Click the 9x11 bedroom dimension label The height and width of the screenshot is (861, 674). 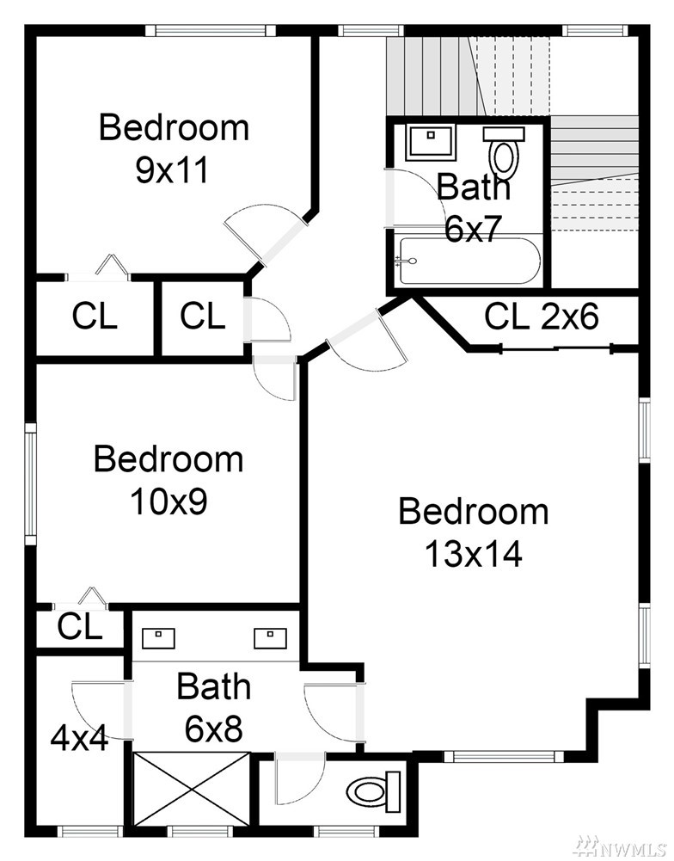click(172, 170)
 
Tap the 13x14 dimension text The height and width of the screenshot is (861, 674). click(473, 554)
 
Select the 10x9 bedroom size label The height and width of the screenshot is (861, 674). click(168, 501)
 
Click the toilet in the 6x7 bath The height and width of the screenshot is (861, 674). click(504, 151)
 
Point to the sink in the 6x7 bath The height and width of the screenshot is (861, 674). click(431, 142)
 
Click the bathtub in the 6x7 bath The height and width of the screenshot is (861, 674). click(470, 261)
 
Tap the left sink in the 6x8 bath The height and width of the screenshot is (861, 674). click(158, 638)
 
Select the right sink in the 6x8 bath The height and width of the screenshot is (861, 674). click(270, 638)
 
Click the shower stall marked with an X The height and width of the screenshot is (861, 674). click(192, 788)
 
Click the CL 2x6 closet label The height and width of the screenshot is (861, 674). click(541, 317)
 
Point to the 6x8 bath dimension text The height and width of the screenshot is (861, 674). click(213, 729)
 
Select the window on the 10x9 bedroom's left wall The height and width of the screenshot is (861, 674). click(31, 483)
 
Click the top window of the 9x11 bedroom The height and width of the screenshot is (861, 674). click(211, 29)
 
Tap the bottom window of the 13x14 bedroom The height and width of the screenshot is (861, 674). click(504, 757)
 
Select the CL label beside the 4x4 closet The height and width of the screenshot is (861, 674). click(80, 626)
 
